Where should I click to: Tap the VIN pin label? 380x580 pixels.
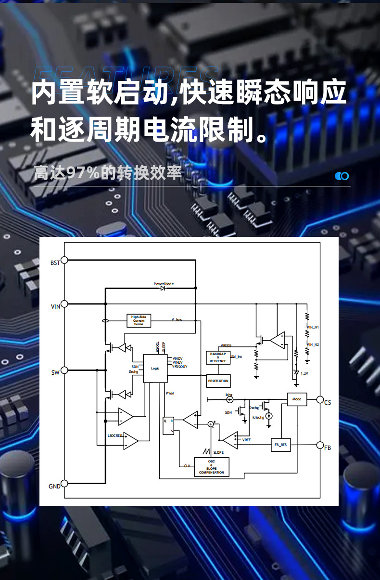click(55, 307)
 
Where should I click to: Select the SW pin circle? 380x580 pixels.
click(64, 370)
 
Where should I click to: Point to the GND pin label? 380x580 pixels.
click(54, 486)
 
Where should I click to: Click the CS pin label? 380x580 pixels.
click(328, 402)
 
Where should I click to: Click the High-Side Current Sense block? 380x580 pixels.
click(139, 320)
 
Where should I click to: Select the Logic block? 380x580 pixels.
click(155, 368)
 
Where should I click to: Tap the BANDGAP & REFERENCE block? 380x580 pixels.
click(218, 357)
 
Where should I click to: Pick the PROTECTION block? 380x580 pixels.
click(218, 381)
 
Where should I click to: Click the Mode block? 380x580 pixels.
click(297, 399)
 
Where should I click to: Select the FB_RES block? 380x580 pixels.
click(280, 445)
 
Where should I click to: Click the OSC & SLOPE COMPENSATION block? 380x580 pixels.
click(211, 467)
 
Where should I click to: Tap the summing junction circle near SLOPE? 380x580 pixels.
click(211, 424)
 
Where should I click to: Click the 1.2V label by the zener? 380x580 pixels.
click(304, 373)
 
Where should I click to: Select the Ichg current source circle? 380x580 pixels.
click(229, 399)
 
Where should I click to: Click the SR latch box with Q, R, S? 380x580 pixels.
click(168, 425)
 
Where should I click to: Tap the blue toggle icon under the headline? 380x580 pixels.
click(342, 176)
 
